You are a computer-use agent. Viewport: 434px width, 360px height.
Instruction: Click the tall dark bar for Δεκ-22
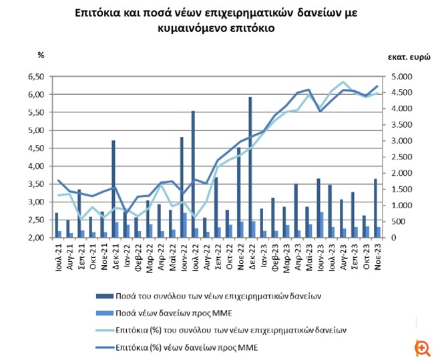(x=250, y=167)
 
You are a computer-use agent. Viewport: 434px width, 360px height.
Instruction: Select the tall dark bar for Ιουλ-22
(x=193, y=174)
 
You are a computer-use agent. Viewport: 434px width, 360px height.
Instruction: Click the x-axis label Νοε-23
(x=378, y=254)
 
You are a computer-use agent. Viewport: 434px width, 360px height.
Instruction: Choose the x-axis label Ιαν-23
(x=262, y=254)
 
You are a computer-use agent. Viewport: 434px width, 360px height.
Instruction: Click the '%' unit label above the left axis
(x=40, y=55)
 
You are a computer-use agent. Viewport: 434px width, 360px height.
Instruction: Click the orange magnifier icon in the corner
(x=421, y=347)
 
